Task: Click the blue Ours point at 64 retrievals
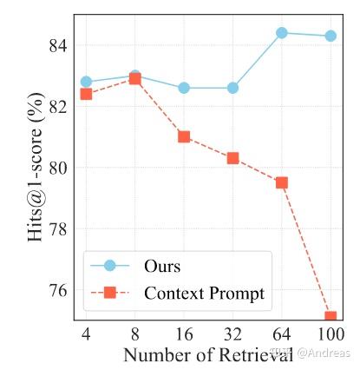click(282, 33)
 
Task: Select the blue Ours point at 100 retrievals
click(331, 36)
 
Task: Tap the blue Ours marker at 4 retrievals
click(86, 82)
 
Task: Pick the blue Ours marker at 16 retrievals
click(184, 88)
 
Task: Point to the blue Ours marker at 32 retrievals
click(232, 88)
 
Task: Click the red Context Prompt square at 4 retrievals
click(86, 94)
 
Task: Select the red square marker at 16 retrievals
click(184, 136)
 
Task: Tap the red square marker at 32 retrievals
click(232, 158)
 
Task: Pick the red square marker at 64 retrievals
click(282, 182)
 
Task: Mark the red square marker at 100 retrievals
click(331, 317)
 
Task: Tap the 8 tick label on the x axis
click(134, 334)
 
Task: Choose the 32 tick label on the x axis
click(232, 334)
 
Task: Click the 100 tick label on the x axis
click(331, 334)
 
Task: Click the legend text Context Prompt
click(204, 294)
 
